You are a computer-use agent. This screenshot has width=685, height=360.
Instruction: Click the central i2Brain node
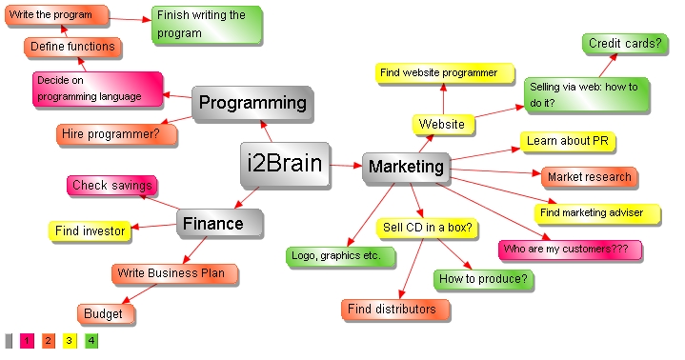point(285,164)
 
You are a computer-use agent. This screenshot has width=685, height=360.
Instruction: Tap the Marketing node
point(406,168)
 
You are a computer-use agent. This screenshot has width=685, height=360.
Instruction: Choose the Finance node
point(219,225)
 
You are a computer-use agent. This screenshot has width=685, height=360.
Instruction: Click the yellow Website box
point(442,125)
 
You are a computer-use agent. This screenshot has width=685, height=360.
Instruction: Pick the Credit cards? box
point(624,44)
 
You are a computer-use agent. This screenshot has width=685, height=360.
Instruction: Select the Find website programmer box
point(438,72)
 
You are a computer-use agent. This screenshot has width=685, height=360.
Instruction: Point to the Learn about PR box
point(567,142)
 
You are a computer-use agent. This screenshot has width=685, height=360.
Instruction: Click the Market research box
point(589,177)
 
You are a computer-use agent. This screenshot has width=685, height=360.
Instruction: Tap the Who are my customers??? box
point(570,250)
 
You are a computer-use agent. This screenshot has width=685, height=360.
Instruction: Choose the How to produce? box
point(483,279)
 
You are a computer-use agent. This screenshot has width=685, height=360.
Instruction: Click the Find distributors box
point(392,310)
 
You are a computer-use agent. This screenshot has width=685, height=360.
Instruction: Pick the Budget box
point(103,314)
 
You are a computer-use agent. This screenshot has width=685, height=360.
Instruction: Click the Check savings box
point(111,186)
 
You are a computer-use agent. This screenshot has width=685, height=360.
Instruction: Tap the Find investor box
point(90,230)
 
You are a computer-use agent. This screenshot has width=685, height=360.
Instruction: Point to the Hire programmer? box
point(116,134)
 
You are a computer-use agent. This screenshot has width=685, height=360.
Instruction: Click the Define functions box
point(71,46)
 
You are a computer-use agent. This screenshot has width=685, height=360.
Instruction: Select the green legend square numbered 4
point(91,340)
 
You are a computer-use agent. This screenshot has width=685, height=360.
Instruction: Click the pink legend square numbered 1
point(27,340)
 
